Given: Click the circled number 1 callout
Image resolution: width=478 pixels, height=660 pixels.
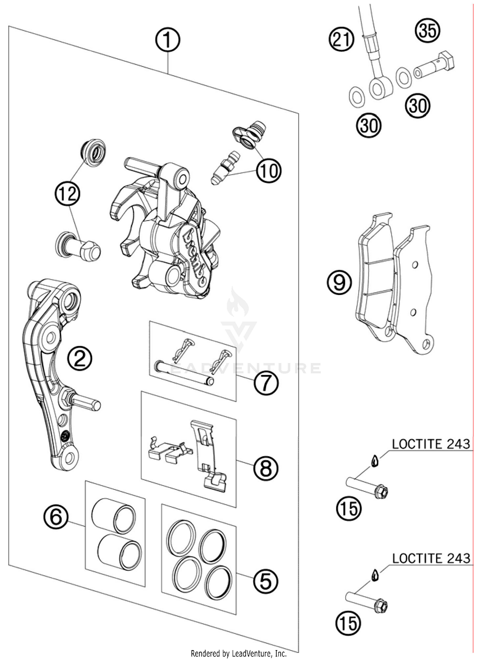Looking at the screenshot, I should pos(168,40).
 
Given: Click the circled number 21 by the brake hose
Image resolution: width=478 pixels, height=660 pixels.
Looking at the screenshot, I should pos(342,40).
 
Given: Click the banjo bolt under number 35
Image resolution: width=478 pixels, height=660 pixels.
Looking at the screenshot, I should pos(435,66).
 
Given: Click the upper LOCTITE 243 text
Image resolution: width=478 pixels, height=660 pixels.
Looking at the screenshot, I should pos(431,444).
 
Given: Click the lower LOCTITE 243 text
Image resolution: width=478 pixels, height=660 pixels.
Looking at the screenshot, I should pos(431,558).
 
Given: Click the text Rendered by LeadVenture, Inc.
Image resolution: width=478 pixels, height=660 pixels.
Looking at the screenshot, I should pos(238,654).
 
